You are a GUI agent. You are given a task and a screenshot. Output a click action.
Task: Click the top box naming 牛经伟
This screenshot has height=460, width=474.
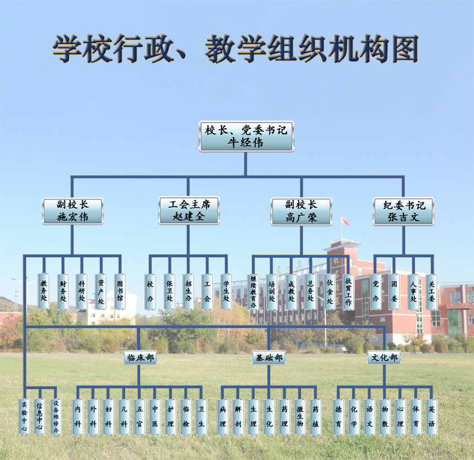(x=246, y=136)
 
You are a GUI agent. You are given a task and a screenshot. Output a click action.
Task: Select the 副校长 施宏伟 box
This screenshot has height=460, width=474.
(x=73, y=211)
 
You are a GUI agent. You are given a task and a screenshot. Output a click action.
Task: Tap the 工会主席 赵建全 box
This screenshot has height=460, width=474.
(x=188, y=210)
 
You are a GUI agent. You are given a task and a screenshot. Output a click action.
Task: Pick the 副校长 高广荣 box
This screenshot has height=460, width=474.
(x=301, y=212)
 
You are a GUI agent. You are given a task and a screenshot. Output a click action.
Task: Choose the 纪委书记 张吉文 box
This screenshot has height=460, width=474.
(x=403, y=211)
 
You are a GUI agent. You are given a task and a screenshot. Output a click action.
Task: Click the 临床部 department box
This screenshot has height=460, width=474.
(x=140, y=358)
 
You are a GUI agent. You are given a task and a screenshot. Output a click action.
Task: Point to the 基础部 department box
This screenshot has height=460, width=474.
(x=269, y=358)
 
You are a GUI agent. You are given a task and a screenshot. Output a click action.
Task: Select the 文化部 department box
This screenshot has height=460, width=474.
(x=384, y=358)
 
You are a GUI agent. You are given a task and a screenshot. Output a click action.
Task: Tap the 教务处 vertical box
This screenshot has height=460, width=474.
(x=44, y=291)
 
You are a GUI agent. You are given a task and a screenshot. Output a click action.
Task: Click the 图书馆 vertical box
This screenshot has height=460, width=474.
(x=120, y=291)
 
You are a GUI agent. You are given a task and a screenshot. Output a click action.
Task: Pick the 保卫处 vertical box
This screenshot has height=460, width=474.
(x=169, y=291)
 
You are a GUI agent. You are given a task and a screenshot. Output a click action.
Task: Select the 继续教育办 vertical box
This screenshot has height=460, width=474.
(x=253, y=292)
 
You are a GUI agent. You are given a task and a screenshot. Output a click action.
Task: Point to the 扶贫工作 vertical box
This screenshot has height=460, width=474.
(x=348, y=292)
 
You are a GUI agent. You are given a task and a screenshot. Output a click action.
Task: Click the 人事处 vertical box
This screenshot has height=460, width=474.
(x=413, y=292)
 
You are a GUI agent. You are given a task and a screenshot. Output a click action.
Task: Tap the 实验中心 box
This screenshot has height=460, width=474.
(x=24, y=417)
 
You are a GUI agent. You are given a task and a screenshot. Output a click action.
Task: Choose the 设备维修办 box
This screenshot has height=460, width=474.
(x=56, y=417)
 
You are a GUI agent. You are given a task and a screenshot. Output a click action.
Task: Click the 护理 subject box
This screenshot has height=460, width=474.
(x=170, y=417)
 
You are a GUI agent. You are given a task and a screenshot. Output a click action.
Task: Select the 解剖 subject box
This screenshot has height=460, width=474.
(x=238, y=417)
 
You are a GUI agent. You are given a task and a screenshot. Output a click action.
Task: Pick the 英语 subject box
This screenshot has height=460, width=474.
(x=432, y=417)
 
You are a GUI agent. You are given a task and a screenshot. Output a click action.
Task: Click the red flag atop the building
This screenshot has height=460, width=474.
(x=345, y=220)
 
